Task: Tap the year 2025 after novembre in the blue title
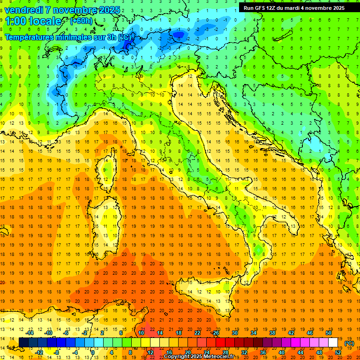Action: point(109,10)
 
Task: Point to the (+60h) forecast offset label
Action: point(80,21)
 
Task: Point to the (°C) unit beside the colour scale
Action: point(349,343)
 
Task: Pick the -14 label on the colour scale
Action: point(30,333)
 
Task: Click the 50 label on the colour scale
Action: point(329,333)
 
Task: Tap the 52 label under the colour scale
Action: point(338,352)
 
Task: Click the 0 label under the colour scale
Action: point(93,352)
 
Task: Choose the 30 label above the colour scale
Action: point(235,333)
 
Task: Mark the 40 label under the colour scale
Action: point(282,352)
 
